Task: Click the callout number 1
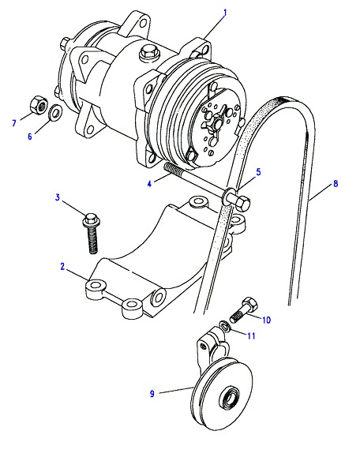click(x=225, y=13)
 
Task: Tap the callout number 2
click(x=62, y=266)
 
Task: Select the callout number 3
click(x=58, y=197)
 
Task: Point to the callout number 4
click(x=149, y=184)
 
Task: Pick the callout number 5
click(x=258, y=172)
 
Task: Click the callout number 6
click(x=30, y=137)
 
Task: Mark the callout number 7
click(x=14, y=122)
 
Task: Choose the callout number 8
click(x=336, y=184)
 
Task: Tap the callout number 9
click(x=152, y=393)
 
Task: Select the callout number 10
click(x=266, y=320)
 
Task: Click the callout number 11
click(x=251, y=335)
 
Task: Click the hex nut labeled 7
click(x=39, y=104)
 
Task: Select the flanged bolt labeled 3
click(x=92, y=233)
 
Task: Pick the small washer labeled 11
click(x=225, y=326)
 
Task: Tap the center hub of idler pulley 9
click(x=230, y=399)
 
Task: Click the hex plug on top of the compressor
click(x=148, y=54)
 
